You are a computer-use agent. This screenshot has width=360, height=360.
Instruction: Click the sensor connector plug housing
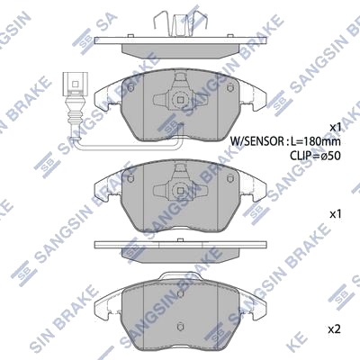point(73,82)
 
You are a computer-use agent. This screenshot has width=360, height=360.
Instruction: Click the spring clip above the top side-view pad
point(180,24)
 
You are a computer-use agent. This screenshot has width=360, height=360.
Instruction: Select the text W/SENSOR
point(256,140)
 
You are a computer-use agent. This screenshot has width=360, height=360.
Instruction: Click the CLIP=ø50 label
point(315,156)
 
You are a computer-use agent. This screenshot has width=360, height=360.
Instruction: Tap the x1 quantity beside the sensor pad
point(335,127)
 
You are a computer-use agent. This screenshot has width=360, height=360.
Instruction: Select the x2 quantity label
point(334,330)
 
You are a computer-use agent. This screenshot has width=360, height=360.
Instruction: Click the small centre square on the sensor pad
point(180,100)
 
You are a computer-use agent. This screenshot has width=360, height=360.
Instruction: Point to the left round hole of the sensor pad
point(130,88)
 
